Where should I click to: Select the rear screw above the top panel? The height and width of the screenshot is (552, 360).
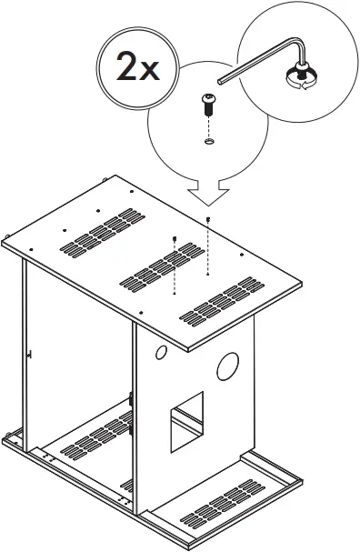(210, 221)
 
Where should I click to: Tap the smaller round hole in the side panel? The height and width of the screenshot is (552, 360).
(160, 352)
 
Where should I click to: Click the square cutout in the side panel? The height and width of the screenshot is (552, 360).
(185, 421)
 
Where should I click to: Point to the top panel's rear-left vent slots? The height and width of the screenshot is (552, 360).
(96, 233)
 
